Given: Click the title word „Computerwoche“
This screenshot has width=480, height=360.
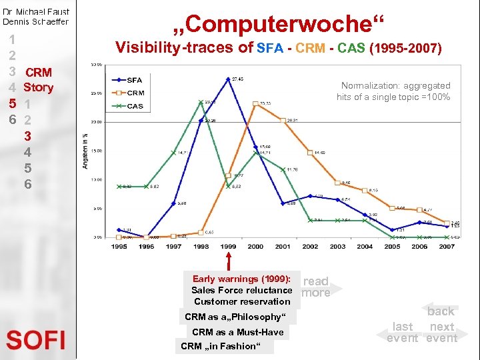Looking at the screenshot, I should pos(279,24).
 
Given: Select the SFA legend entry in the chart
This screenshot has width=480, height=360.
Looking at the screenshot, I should pos(134,80).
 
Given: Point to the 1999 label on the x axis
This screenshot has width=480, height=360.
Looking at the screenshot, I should pos(228,247).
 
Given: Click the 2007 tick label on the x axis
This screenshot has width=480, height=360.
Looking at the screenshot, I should pos(446,247).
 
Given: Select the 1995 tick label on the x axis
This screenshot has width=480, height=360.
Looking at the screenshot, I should pos(119,247).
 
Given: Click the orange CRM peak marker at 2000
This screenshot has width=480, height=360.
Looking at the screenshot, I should pos(256,103).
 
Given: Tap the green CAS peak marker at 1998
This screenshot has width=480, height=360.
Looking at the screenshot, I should pos(201,102).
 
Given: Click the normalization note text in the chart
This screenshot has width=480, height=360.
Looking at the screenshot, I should pos(393,91).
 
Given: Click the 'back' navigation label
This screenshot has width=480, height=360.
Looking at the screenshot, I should pos(441,311).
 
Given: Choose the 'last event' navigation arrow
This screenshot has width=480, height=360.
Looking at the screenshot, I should pos(403,332).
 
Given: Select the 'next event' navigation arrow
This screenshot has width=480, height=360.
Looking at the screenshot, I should pos(443,332).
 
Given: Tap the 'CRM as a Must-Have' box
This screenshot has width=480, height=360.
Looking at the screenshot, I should pos(237,332).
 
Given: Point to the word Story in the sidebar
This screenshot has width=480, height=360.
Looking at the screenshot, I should pos(38,87).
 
